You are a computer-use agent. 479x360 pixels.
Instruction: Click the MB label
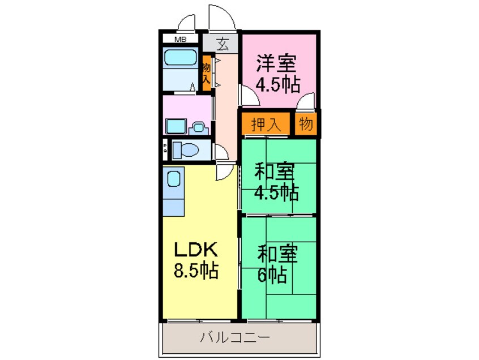(x=180, y=40)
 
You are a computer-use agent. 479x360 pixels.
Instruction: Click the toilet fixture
(x=186, y=150)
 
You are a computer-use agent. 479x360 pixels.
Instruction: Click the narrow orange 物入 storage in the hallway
(x=207, y=72)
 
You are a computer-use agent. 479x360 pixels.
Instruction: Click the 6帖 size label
(x=272, y=276)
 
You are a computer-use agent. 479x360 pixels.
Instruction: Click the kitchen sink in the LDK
(x=174, y=179)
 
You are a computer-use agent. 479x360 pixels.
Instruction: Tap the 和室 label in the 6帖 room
(x=277, y=254)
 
